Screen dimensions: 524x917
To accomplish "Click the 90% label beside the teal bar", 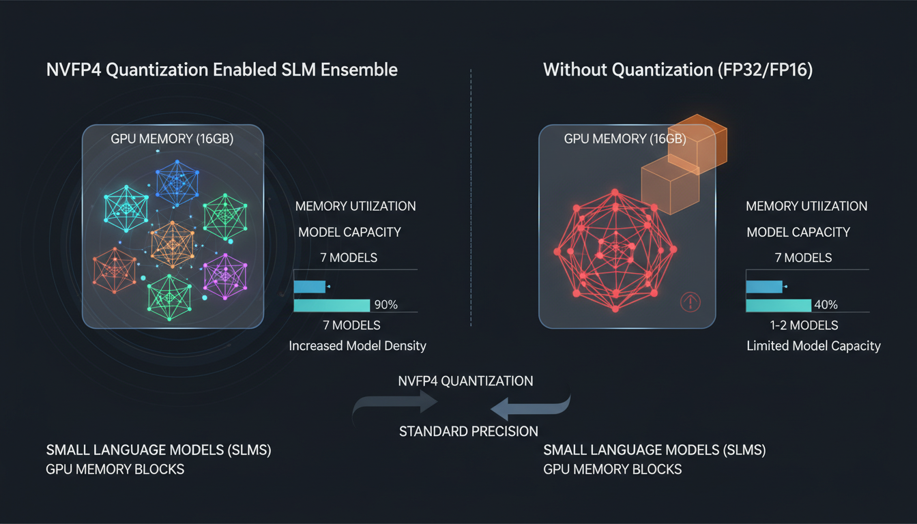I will pos(385,305).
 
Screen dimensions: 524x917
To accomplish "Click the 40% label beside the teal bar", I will pos(826,305).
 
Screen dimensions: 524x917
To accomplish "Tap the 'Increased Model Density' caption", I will pos(358,346).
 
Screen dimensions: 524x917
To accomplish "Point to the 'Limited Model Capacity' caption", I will pos(814,346).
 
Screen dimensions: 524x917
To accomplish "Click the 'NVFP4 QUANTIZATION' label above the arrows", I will pos(465,381).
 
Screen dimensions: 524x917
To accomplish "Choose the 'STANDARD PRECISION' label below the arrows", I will pos(468,431).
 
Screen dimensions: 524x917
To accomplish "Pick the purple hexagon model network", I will pos(224,275).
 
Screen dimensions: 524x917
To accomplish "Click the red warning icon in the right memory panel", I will pos(690,303).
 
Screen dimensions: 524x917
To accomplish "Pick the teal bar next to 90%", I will pos(332,305).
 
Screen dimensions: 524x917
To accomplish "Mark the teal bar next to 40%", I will pos(778,305).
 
